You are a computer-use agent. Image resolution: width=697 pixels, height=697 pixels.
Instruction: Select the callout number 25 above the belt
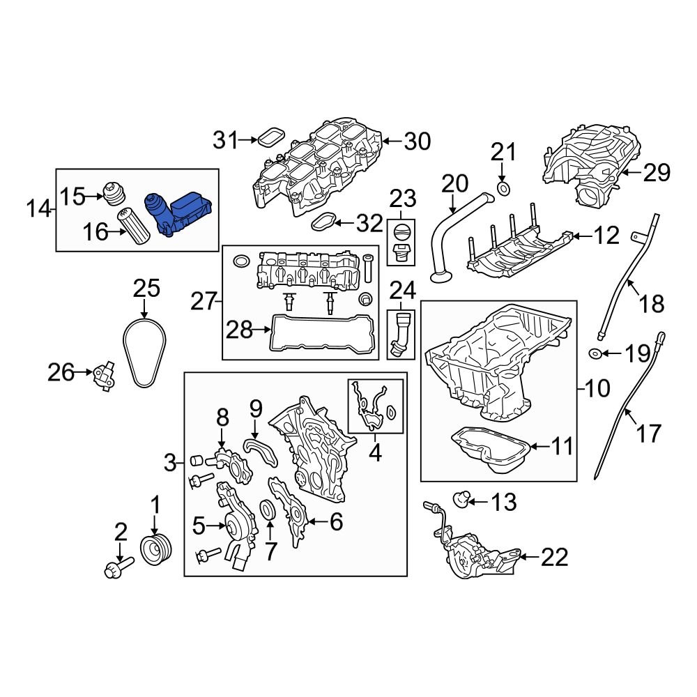146,289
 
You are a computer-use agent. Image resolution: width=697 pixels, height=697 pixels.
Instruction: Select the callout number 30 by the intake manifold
418,142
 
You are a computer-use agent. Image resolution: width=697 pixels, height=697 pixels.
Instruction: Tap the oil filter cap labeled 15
112,195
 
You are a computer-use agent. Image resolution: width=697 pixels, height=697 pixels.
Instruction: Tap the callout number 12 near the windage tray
606,236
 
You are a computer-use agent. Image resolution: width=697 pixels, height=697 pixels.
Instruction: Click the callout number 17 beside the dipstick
649,434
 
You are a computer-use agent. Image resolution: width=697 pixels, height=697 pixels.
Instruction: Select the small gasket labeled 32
323,223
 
